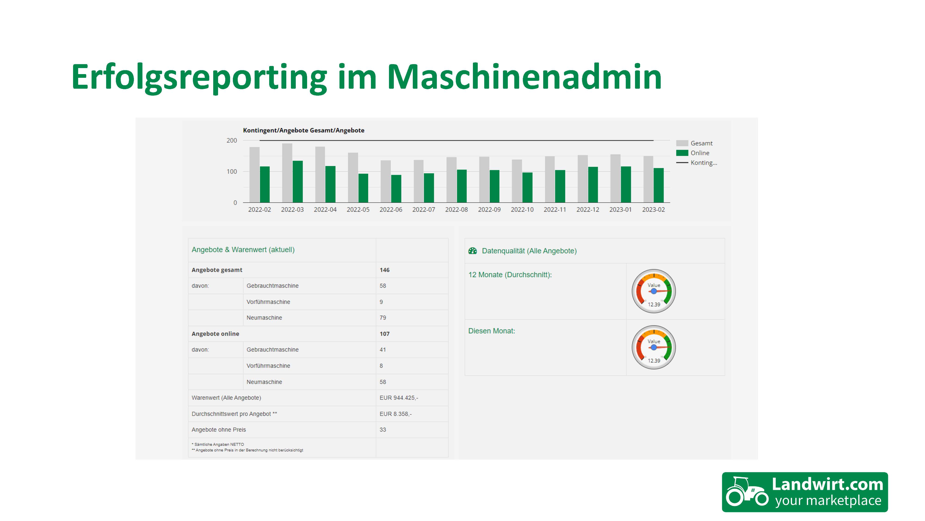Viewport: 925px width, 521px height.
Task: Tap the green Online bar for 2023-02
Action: click(659, 185)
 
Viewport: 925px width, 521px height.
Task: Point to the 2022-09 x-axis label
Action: click(489, 210)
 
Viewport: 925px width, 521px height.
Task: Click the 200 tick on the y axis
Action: click(232, 141)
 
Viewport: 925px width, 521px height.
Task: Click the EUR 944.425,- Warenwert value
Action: click(399, 398)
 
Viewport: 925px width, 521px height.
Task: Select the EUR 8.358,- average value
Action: click(395, 414)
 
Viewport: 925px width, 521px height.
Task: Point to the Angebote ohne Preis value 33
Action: click(383, 430)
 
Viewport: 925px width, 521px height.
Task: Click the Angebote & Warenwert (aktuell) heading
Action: click(243, 250)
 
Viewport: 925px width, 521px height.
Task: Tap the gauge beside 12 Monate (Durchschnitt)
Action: click(654, 291)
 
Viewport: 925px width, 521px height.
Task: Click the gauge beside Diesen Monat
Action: click(654, 347)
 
